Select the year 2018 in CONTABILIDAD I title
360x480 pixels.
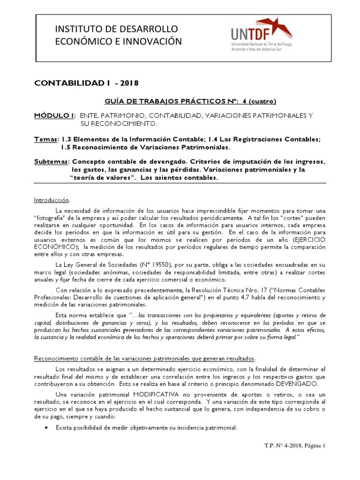[x=129, y=83]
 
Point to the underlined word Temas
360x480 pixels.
[x=46, y=139]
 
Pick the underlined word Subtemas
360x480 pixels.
[x=51, y=161]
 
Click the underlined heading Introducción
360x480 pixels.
[x=52, y=200]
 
